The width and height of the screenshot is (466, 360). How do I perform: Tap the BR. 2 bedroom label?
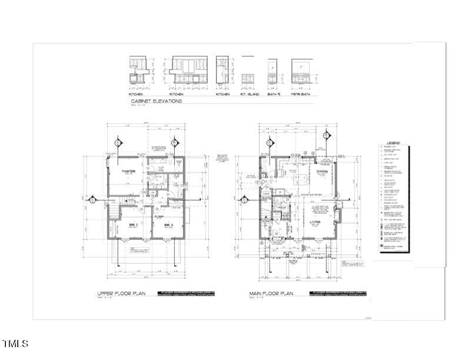[134, 225]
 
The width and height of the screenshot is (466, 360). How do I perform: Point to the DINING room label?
[322, 171]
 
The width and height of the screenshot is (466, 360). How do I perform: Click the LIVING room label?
[315, 222]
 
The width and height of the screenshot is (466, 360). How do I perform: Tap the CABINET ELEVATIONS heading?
[156, 101]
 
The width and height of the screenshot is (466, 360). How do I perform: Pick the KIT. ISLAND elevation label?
[247, 94]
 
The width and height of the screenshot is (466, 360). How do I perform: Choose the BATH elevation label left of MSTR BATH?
[272, 94]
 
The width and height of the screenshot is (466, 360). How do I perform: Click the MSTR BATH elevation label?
[301, 94]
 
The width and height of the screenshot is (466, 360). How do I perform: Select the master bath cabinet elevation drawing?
[302, 72]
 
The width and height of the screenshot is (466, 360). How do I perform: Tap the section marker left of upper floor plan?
[92, 200]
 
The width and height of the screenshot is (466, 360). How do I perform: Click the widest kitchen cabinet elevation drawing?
[187, 72]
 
